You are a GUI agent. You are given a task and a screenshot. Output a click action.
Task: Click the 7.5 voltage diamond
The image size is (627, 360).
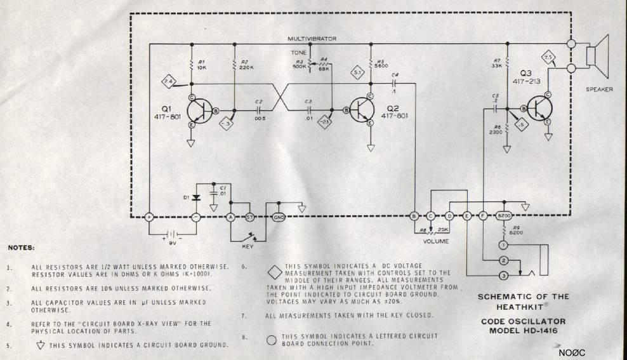[549, 58]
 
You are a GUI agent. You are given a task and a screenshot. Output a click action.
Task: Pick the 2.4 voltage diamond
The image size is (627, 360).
[168, 81]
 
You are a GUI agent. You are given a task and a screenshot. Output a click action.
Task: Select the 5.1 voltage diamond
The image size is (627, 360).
[357, 72]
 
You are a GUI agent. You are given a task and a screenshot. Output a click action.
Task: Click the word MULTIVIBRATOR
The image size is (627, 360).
[312, 39]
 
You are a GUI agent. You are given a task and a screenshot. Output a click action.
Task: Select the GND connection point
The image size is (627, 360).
[278, 217]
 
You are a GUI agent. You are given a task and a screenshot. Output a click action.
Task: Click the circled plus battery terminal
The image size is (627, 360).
[150, 217]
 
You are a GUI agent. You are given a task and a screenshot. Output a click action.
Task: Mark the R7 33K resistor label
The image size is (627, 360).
[497, 63]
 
